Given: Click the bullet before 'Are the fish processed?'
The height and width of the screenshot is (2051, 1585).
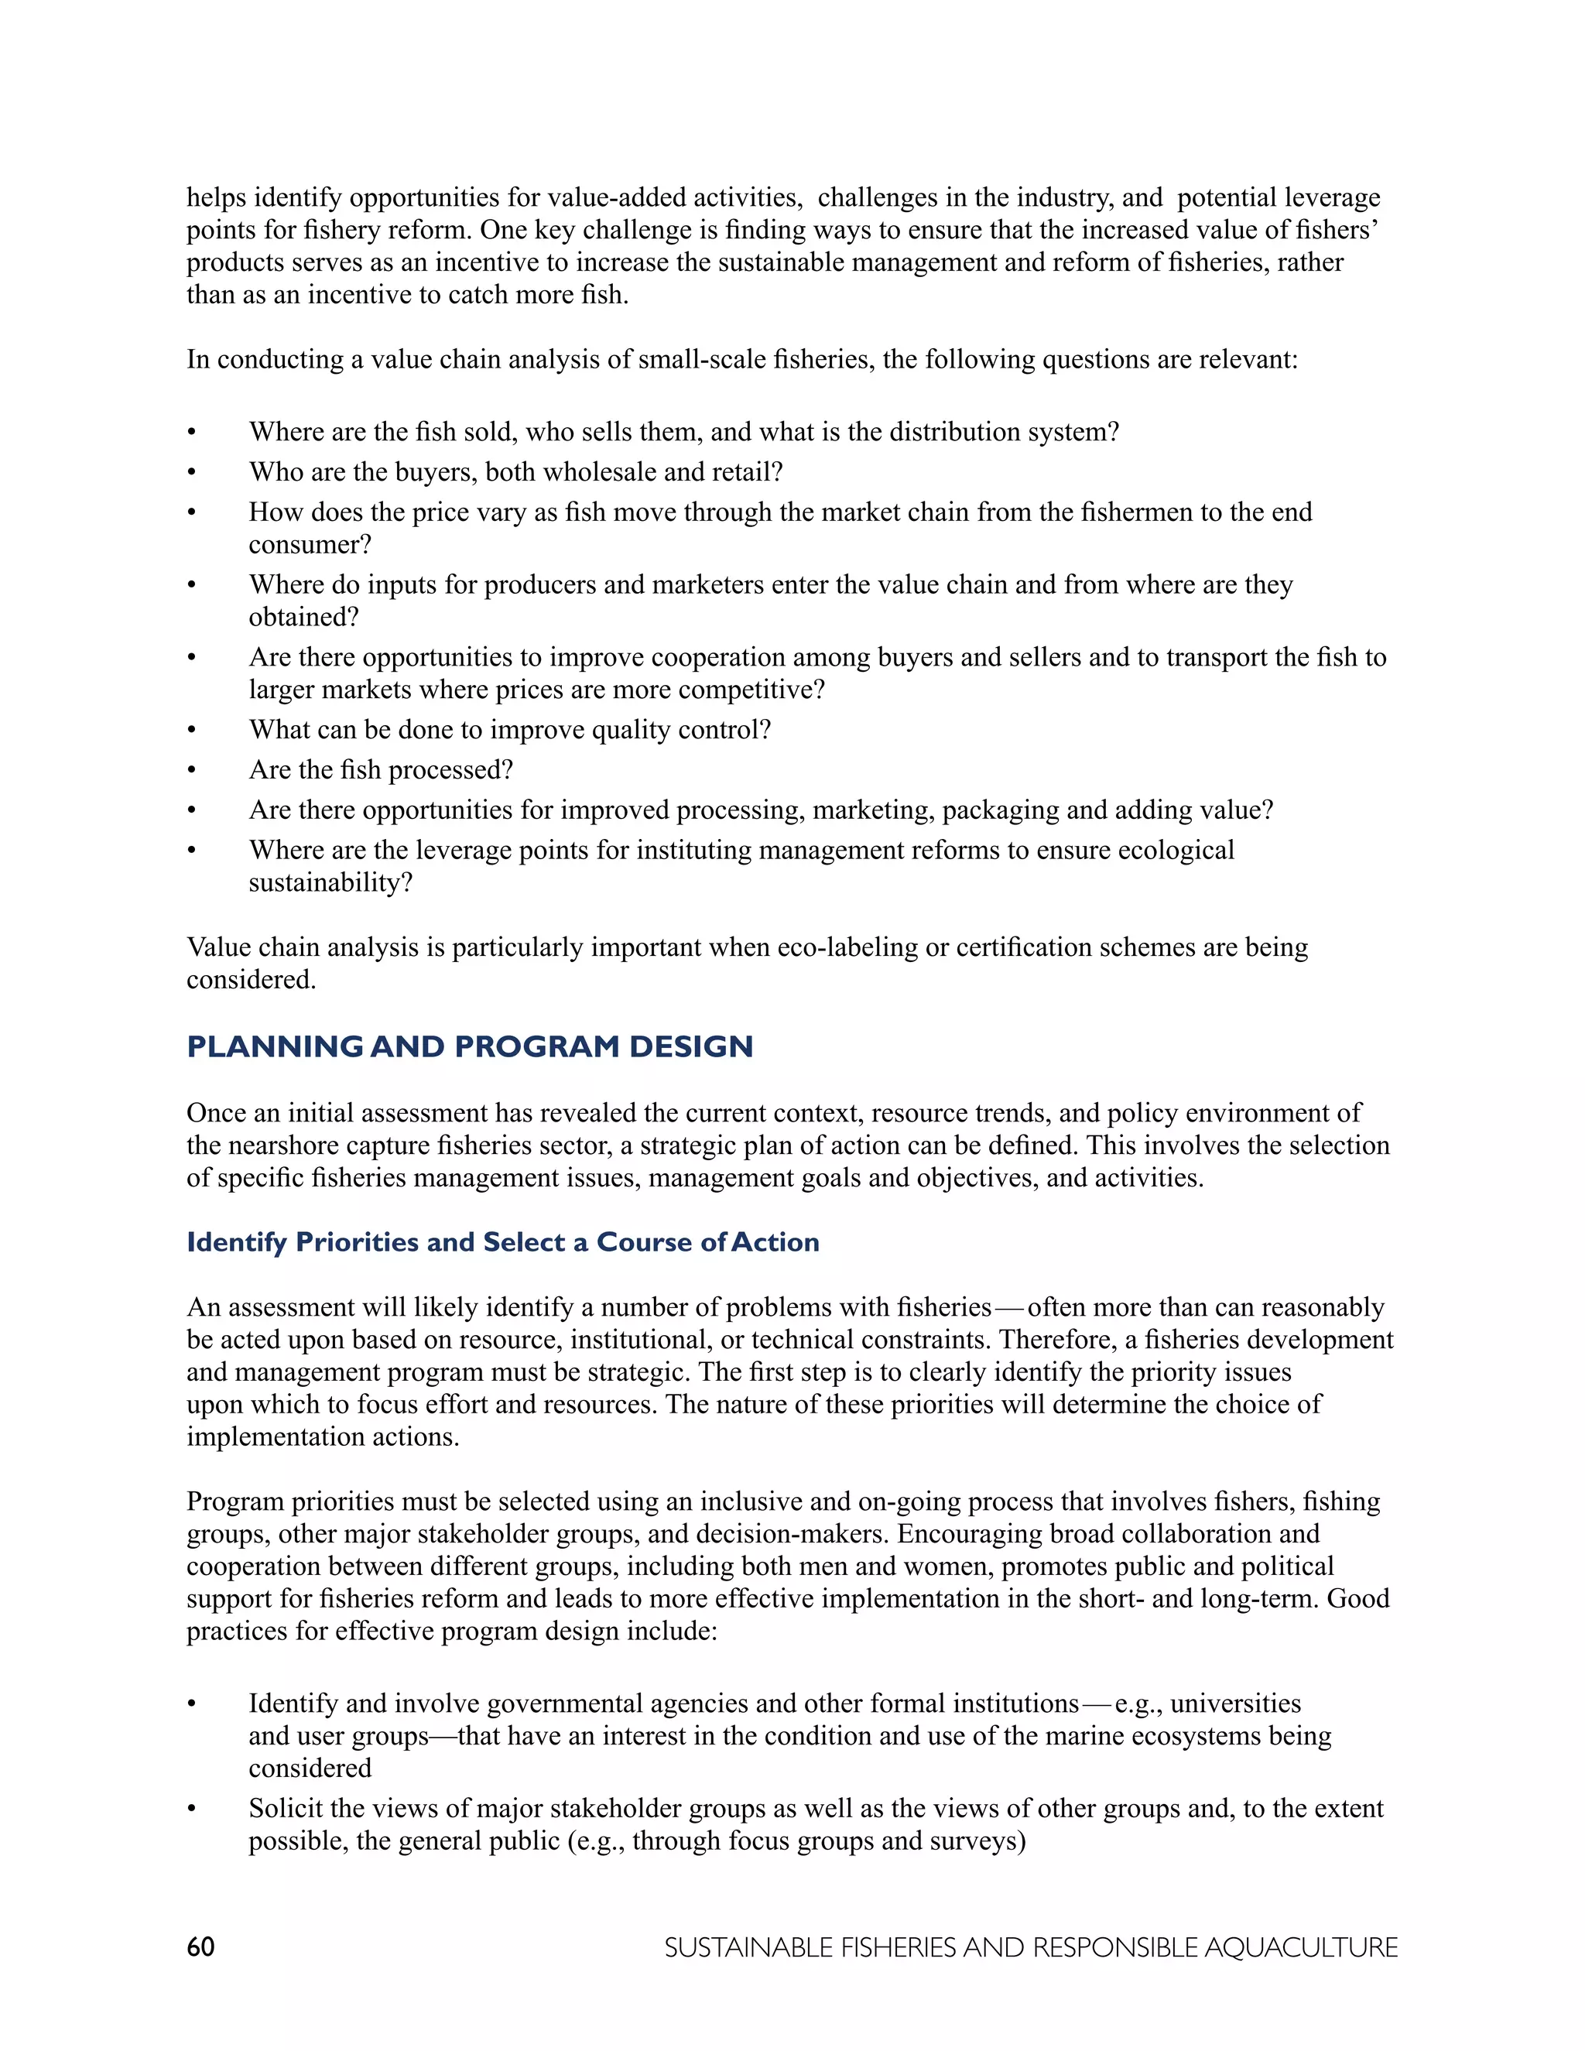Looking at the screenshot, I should pyautogui.click(x=192, y=771).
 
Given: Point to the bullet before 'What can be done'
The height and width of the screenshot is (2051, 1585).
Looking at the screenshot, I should pyautogui.click(x=192, y=731).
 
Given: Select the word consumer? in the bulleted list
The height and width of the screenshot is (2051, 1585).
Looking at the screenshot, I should pyautogui.click(x=310, y=545).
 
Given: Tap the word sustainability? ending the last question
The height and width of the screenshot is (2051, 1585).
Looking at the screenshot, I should pyautogui.click(x=330, y=883).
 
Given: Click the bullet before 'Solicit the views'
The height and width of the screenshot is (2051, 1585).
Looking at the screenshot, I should pyautogui.click(x=192, y=1810).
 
